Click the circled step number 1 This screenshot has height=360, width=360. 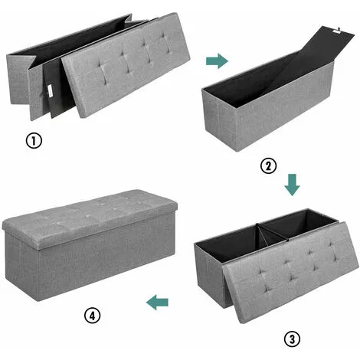[34, 141]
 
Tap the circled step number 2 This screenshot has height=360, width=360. [268, 166]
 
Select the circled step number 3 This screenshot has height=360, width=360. [292, 339]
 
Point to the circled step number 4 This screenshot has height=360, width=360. [93, 316]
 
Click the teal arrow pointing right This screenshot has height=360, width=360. [217, 61]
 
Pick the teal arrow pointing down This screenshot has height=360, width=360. [293, 185]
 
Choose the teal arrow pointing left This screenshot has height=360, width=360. [157, 302]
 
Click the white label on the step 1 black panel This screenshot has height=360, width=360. [50, 91]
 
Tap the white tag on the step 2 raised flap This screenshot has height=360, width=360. [337, 31]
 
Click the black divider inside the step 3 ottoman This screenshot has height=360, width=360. [271, 233]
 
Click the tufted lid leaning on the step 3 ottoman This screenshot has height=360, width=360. [291, 272]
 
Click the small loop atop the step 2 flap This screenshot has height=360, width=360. [339, 28]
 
